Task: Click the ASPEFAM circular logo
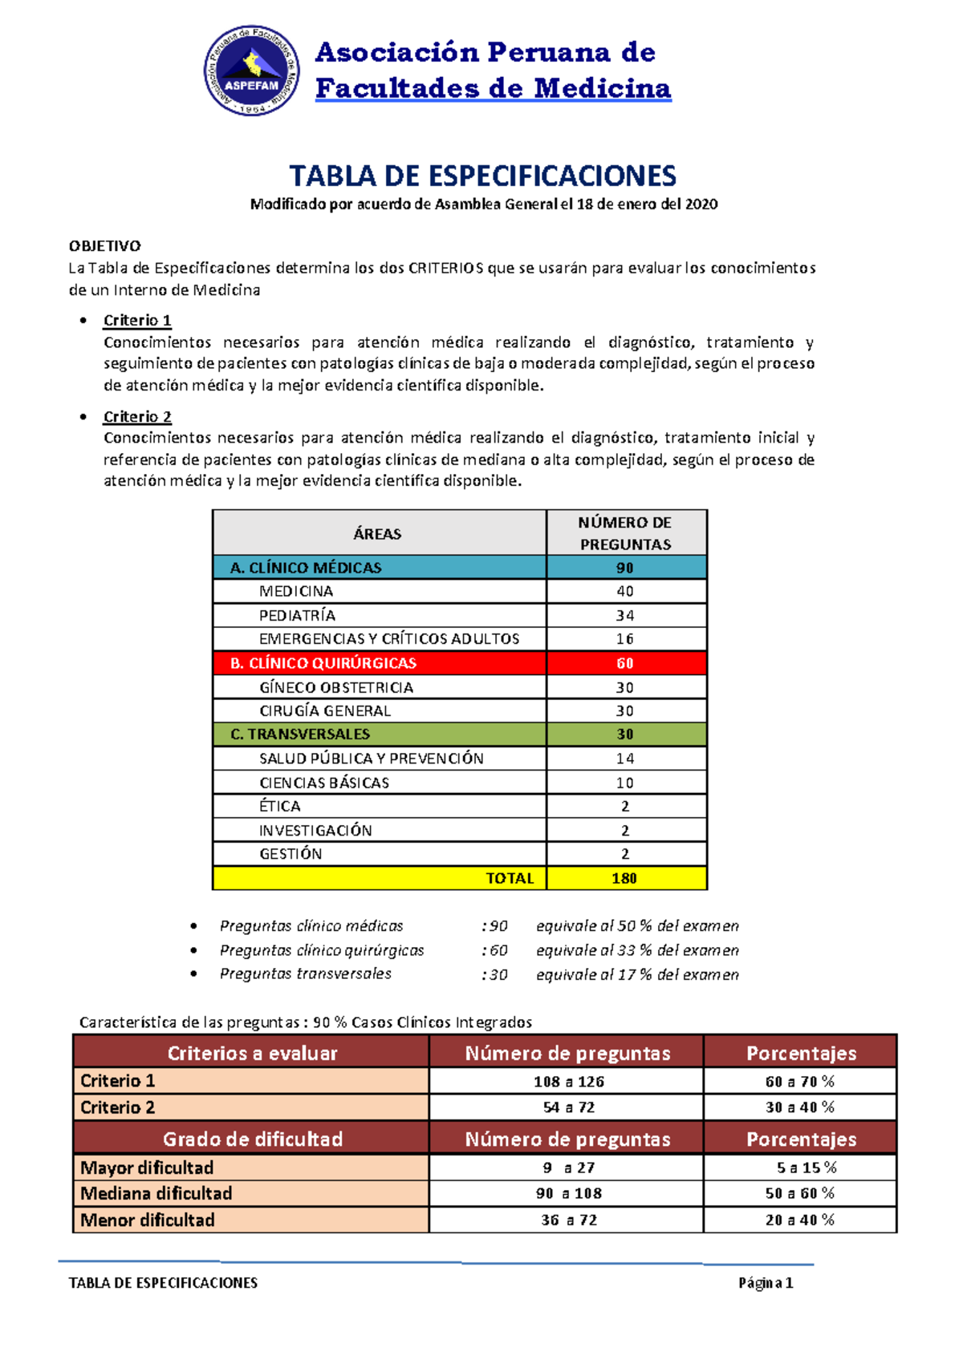tap(252, 71)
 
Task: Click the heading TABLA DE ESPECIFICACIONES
tap(482, 176)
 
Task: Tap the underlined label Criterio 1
tap(137, 321)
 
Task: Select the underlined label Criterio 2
tap(137, 417)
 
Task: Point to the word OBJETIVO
tap(104, 246)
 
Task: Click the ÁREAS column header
tap(378, 534)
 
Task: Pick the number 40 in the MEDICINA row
tap(625, 592)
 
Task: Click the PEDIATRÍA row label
tap(297, 616)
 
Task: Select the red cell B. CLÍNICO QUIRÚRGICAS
tap(323, 663)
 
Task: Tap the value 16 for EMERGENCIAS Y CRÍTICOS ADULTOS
tap(625, 639)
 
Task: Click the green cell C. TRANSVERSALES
tap(300, 735)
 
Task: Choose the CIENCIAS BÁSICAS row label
tap(324, 783)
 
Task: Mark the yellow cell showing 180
tap(625, 878)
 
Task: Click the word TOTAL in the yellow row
tap(510, 878)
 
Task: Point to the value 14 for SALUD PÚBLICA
tap(625, 759)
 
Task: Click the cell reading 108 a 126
tap(568, 1082)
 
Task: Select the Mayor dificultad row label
tap(147, 1168)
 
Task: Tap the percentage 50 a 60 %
tap(799, 1193)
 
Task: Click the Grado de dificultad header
tap(252, 1139)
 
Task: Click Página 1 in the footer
tap(766, 1283)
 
